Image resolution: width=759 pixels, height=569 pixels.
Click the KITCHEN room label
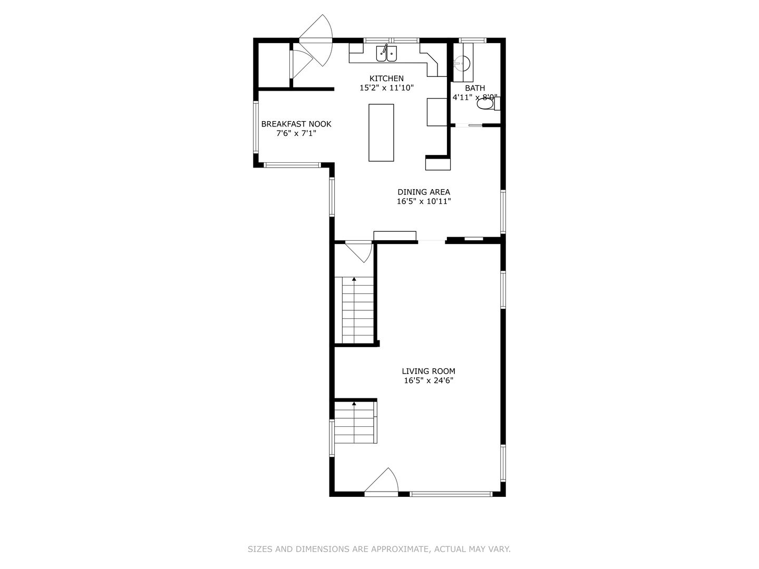click(x=386, y=79)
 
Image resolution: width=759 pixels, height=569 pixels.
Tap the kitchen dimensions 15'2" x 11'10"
click(x=386, y=88)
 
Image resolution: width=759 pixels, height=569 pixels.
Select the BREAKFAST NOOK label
click(x=296, y=124)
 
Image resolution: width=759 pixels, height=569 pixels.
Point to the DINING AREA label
click(x=424, y=192)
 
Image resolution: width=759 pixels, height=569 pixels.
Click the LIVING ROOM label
click(x=429, y=371)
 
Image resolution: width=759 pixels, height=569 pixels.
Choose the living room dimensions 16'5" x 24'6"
click(x=429, y=381)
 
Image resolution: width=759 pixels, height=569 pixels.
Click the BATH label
click(x=475, y=88)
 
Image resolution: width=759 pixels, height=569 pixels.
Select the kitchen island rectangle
click(x=381, y=133)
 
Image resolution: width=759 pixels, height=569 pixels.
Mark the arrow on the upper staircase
click(x=354, y=279)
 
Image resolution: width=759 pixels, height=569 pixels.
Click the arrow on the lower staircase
click(x=354, y=403)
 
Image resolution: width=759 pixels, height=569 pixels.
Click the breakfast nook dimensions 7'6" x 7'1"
click(x=296, y=133)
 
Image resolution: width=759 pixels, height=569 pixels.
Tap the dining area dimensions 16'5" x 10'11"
click(x=424, y=201)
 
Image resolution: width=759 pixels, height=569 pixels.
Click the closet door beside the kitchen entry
click(x=301, y=64)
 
